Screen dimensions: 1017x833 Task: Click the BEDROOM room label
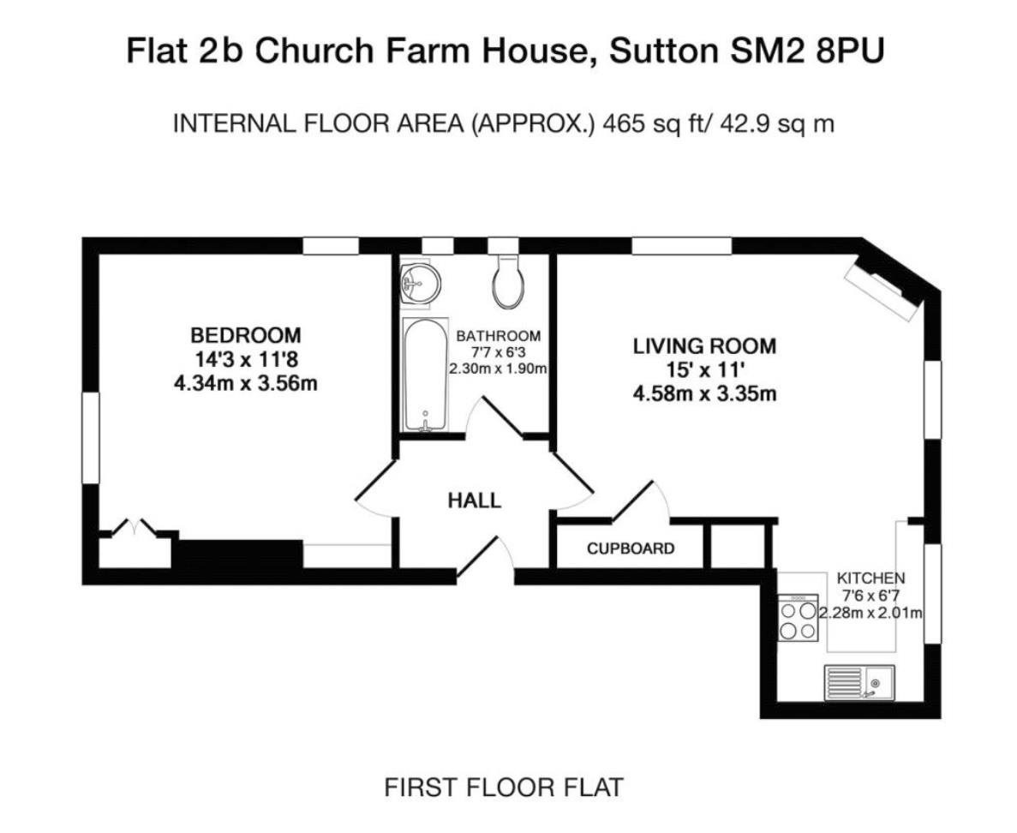pyautogui.click(x=246, y=335)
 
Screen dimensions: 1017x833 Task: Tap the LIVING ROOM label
pyautogui.click(x=704, y=345)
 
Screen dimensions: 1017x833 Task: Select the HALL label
pyautogui.click(x=475, y=500)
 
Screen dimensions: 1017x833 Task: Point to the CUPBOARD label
pyautogui.click(x=631, y=548)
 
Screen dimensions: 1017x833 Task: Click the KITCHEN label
pyautogui.click(x=870, y=578)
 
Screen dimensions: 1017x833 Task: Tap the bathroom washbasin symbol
pyautogui.click(x=420, y=282)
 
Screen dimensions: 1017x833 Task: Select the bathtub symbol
pyautogui.click(x=426, y=375)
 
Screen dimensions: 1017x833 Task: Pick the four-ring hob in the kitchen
pyautogui.click(x=799, y=618)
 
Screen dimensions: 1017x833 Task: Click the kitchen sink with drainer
pyautogui.click(x=859, y=682)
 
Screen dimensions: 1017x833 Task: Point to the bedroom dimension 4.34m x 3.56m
pyautogui.click(x=246, y=383)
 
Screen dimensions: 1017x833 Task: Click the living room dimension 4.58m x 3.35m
pyautogui.click(x=704, y=394)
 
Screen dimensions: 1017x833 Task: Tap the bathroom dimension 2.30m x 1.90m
pyautogui.click(x=498, y=369)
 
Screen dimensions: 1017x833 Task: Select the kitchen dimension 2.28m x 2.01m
pyautogui.click(x=871, y=613)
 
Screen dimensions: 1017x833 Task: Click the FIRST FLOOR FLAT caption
pyautogui.click(x=504, y=787)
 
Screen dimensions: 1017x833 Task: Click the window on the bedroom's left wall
pyautogui.click(x=91, y=437)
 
